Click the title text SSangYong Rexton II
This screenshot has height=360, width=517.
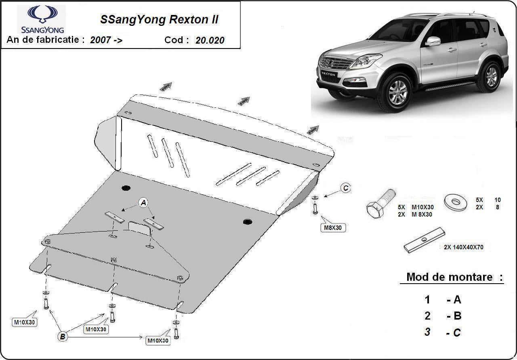[159, 20]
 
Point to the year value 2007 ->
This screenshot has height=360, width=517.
[106, 40]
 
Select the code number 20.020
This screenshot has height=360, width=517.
[210, 40]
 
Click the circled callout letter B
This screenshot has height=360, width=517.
[63, 336]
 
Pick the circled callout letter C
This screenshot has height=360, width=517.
[345, 188]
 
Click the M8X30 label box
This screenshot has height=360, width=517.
[333, 228]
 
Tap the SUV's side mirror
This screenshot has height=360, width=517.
[433, 41]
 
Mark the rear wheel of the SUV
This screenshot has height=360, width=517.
[491, 76]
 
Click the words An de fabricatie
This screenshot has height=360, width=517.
[46, 40]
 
